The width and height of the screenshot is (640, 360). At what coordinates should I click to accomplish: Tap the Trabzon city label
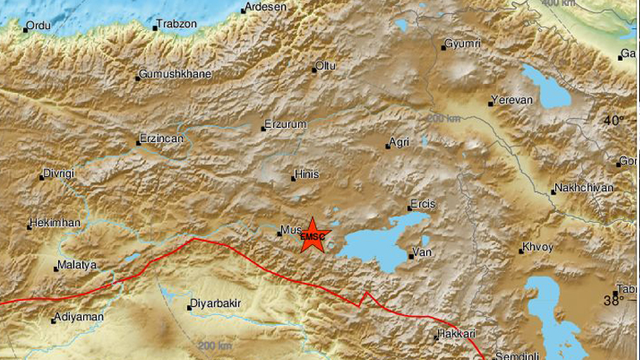(178, 24)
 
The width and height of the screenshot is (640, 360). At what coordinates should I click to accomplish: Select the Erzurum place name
(285, 125)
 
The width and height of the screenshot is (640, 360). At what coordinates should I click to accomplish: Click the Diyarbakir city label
(216, 304)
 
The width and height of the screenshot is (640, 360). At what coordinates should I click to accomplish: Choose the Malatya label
(76, 266)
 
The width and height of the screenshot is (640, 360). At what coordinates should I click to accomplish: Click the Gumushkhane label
(175, 74)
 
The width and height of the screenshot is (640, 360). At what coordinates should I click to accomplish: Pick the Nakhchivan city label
(583, 188)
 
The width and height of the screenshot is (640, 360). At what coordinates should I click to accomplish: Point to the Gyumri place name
(464, 43)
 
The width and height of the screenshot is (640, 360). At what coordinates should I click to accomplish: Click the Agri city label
(401, 142)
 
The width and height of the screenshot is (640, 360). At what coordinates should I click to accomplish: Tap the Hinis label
(306, 175)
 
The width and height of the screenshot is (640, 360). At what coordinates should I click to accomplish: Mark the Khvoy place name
(536, 248)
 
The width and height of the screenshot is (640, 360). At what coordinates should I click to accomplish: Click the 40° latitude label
(613, 121)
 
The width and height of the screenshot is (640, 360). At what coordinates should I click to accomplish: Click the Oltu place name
(327, 66)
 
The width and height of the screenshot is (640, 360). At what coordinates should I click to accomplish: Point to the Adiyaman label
(78, 318)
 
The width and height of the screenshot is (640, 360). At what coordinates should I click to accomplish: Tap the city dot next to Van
(411, 256)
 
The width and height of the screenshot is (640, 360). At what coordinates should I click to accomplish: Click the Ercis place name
(422, 205)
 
